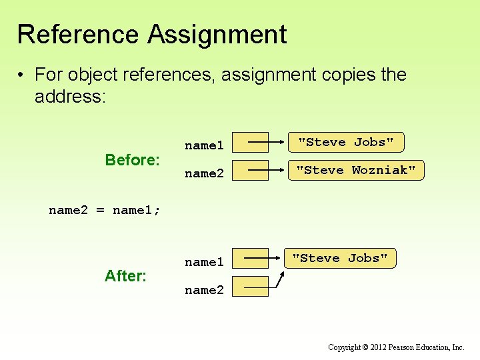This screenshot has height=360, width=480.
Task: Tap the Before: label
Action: tap(133, 160)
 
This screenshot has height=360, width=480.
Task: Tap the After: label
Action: tap(125, 275)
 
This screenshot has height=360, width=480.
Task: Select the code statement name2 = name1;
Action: tap(105, 211)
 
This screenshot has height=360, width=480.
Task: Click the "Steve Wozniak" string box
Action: tap(356, 171)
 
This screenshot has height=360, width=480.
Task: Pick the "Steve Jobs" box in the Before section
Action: tap(346, 143)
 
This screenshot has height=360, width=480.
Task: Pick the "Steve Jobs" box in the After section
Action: tap(340, 259)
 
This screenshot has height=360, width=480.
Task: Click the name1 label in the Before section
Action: tap(204, 145)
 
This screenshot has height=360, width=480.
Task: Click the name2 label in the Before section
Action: tap(204, 173)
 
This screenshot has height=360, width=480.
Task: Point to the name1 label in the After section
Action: tap(204, 262)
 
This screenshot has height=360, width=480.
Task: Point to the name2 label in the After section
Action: tap(204, 290)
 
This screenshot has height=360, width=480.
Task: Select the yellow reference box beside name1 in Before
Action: tap(255, 143)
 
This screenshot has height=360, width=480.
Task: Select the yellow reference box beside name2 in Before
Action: tap(255, 171)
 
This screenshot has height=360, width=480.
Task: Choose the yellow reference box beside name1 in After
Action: tap(255, 259)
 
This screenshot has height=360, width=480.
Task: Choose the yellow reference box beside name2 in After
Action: tap(255, 287)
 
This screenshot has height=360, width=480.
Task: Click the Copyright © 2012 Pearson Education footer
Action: tap(396, 347)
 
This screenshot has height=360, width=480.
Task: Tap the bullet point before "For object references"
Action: tap(23, 75)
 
